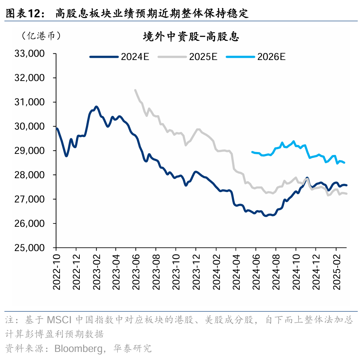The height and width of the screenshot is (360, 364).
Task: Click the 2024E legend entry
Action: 119,57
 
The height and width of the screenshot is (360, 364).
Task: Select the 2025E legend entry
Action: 187,57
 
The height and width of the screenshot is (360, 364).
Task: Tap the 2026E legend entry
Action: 256,57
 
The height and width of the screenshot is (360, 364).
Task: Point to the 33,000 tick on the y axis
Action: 29,54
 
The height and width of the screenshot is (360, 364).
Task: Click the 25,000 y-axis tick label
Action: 29,248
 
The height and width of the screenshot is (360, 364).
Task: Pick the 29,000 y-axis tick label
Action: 29,151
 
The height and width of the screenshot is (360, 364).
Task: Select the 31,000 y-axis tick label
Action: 29,102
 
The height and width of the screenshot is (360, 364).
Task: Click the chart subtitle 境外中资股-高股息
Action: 191,37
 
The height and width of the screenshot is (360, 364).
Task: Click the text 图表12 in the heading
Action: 22,14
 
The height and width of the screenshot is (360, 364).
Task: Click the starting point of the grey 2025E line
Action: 135,90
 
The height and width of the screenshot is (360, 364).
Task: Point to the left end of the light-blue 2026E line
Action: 252,152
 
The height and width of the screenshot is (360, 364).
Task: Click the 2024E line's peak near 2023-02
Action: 96,107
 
